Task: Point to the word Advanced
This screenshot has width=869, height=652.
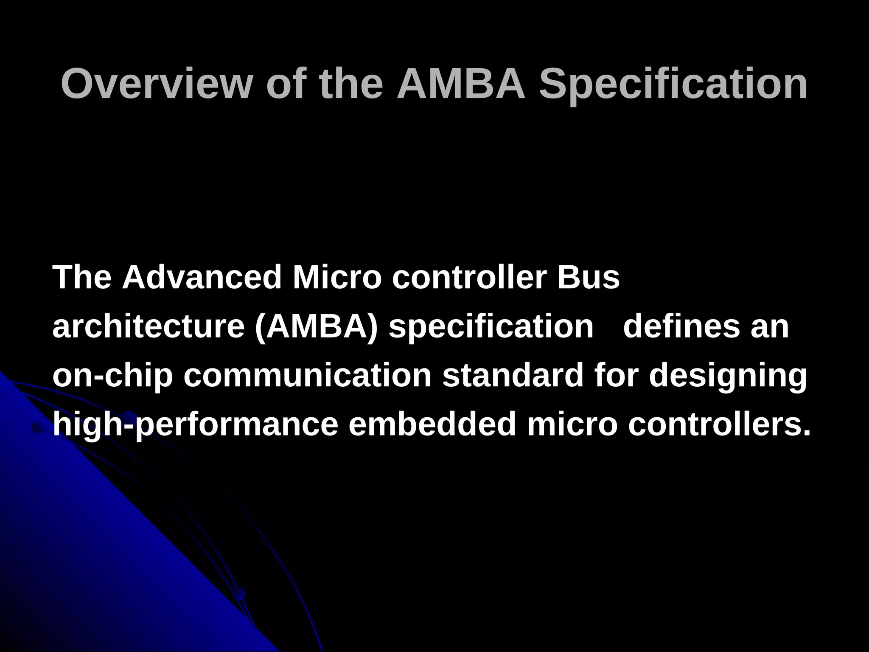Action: (202, 277)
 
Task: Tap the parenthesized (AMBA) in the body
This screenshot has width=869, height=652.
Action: (316, 326)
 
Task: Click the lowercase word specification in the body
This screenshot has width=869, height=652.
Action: (491, 326)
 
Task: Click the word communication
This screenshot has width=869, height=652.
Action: (307, 376)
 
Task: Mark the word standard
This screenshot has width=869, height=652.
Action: (513, 376)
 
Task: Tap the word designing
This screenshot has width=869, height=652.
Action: (728, 376)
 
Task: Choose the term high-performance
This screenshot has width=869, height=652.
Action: (195, 425)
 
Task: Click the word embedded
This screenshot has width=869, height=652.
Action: (432, 425)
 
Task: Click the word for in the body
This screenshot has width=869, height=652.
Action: (616, 376)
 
